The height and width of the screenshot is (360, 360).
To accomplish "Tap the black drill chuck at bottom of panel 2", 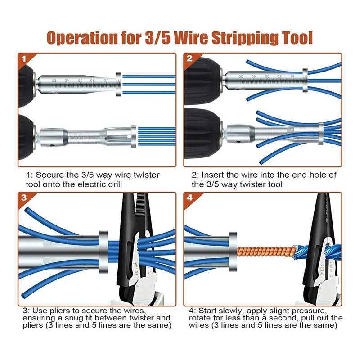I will tap(202, 130).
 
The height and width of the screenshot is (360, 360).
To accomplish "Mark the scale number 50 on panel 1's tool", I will tap(54, 80).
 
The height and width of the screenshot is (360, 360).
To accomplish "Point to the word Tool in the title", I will tap(294, 38).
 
